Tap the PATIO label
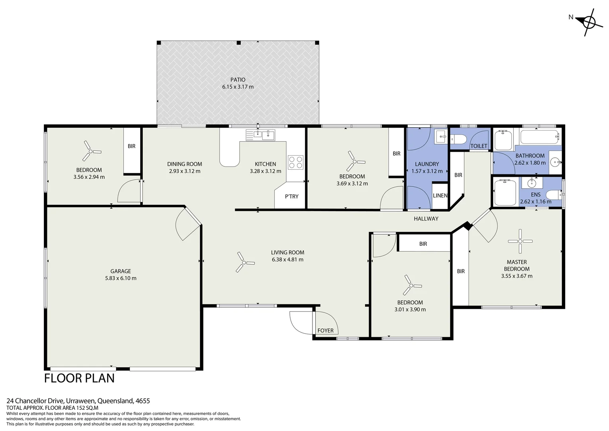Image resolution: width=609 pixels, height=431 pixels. coord(238,80)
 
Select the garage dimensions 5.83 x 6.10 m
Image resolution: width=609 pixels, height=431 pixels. coord(121,278)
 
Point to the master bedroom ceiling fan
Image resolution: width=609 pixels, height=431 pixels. coord(520,241)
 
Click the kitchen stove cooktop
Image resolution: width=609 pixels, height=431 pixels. coord(295,162)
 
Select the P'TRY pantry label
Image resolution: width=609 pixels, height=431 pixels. coord(291,196)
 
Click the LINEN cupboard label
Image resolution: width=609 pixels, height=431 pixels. coord(440,196)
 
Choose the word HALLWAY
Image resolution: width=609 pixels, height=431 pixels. coord(426,219)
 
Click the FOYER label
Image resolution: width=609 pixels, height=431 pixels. coord(325,330)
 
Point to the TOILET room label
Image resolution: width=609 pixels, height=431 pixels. coord(479,146)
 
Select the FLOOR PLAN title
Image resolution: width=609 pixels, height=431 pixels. coord(79,378)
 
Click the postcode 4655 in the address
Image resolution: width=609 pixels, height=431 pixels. coord(143,401)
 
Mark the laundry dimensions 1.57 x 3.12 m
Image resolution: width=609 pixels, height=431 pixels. coord(427,171)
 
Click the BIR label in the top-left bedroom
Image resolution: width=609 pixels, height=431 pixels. coord(132,146)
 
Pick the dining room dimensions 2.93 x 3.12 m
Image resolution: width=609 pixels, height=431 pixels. coord(184,171)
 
